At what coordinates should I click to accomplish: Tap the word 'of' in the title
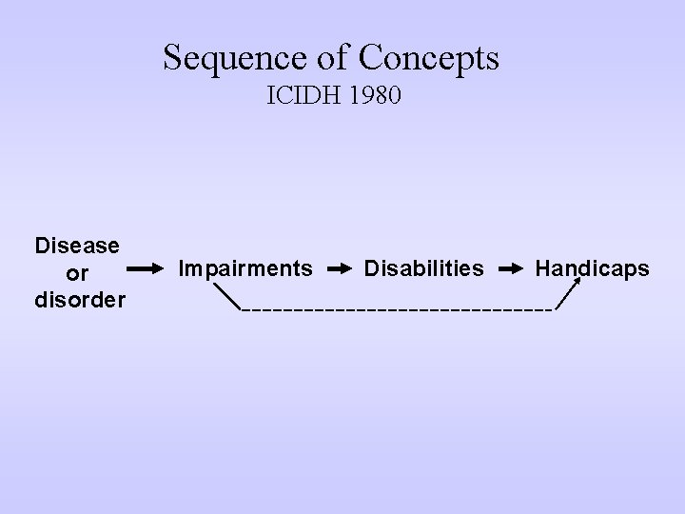(x=333, y=59)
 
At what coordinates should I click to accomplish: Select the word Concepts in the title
(x=428, y=59)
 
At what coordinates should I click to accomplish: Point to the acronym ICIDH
(x=302, y=97)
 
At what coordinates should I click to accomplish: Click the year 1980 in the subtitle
(x=372, y=97)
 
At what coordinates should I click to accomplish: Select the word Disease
(x=77, y=246)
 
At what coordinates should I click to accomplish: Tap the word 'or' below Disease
(x=77, y=273)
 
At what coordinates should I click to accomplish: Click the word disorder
(x=77, y=300)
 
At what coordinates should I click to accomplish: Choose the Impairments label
(x=245, y=269)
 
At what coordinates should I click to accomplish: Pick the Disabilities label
(x=423, y=269)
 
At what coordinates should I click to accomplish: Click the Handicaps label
(x=592, y=269)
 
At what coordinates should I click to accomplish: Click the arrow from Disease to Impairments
(x=146, y=270)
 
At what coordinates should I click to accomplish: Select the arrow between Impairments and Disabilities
(x=339, y=270)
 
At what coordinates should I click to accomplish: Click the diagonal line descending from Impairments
(x=227, y=295)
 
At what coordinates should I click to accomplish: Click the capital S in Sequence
(x=172, y=59)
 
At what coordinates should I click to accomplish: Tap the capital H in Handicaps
(x=542, y=269)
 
